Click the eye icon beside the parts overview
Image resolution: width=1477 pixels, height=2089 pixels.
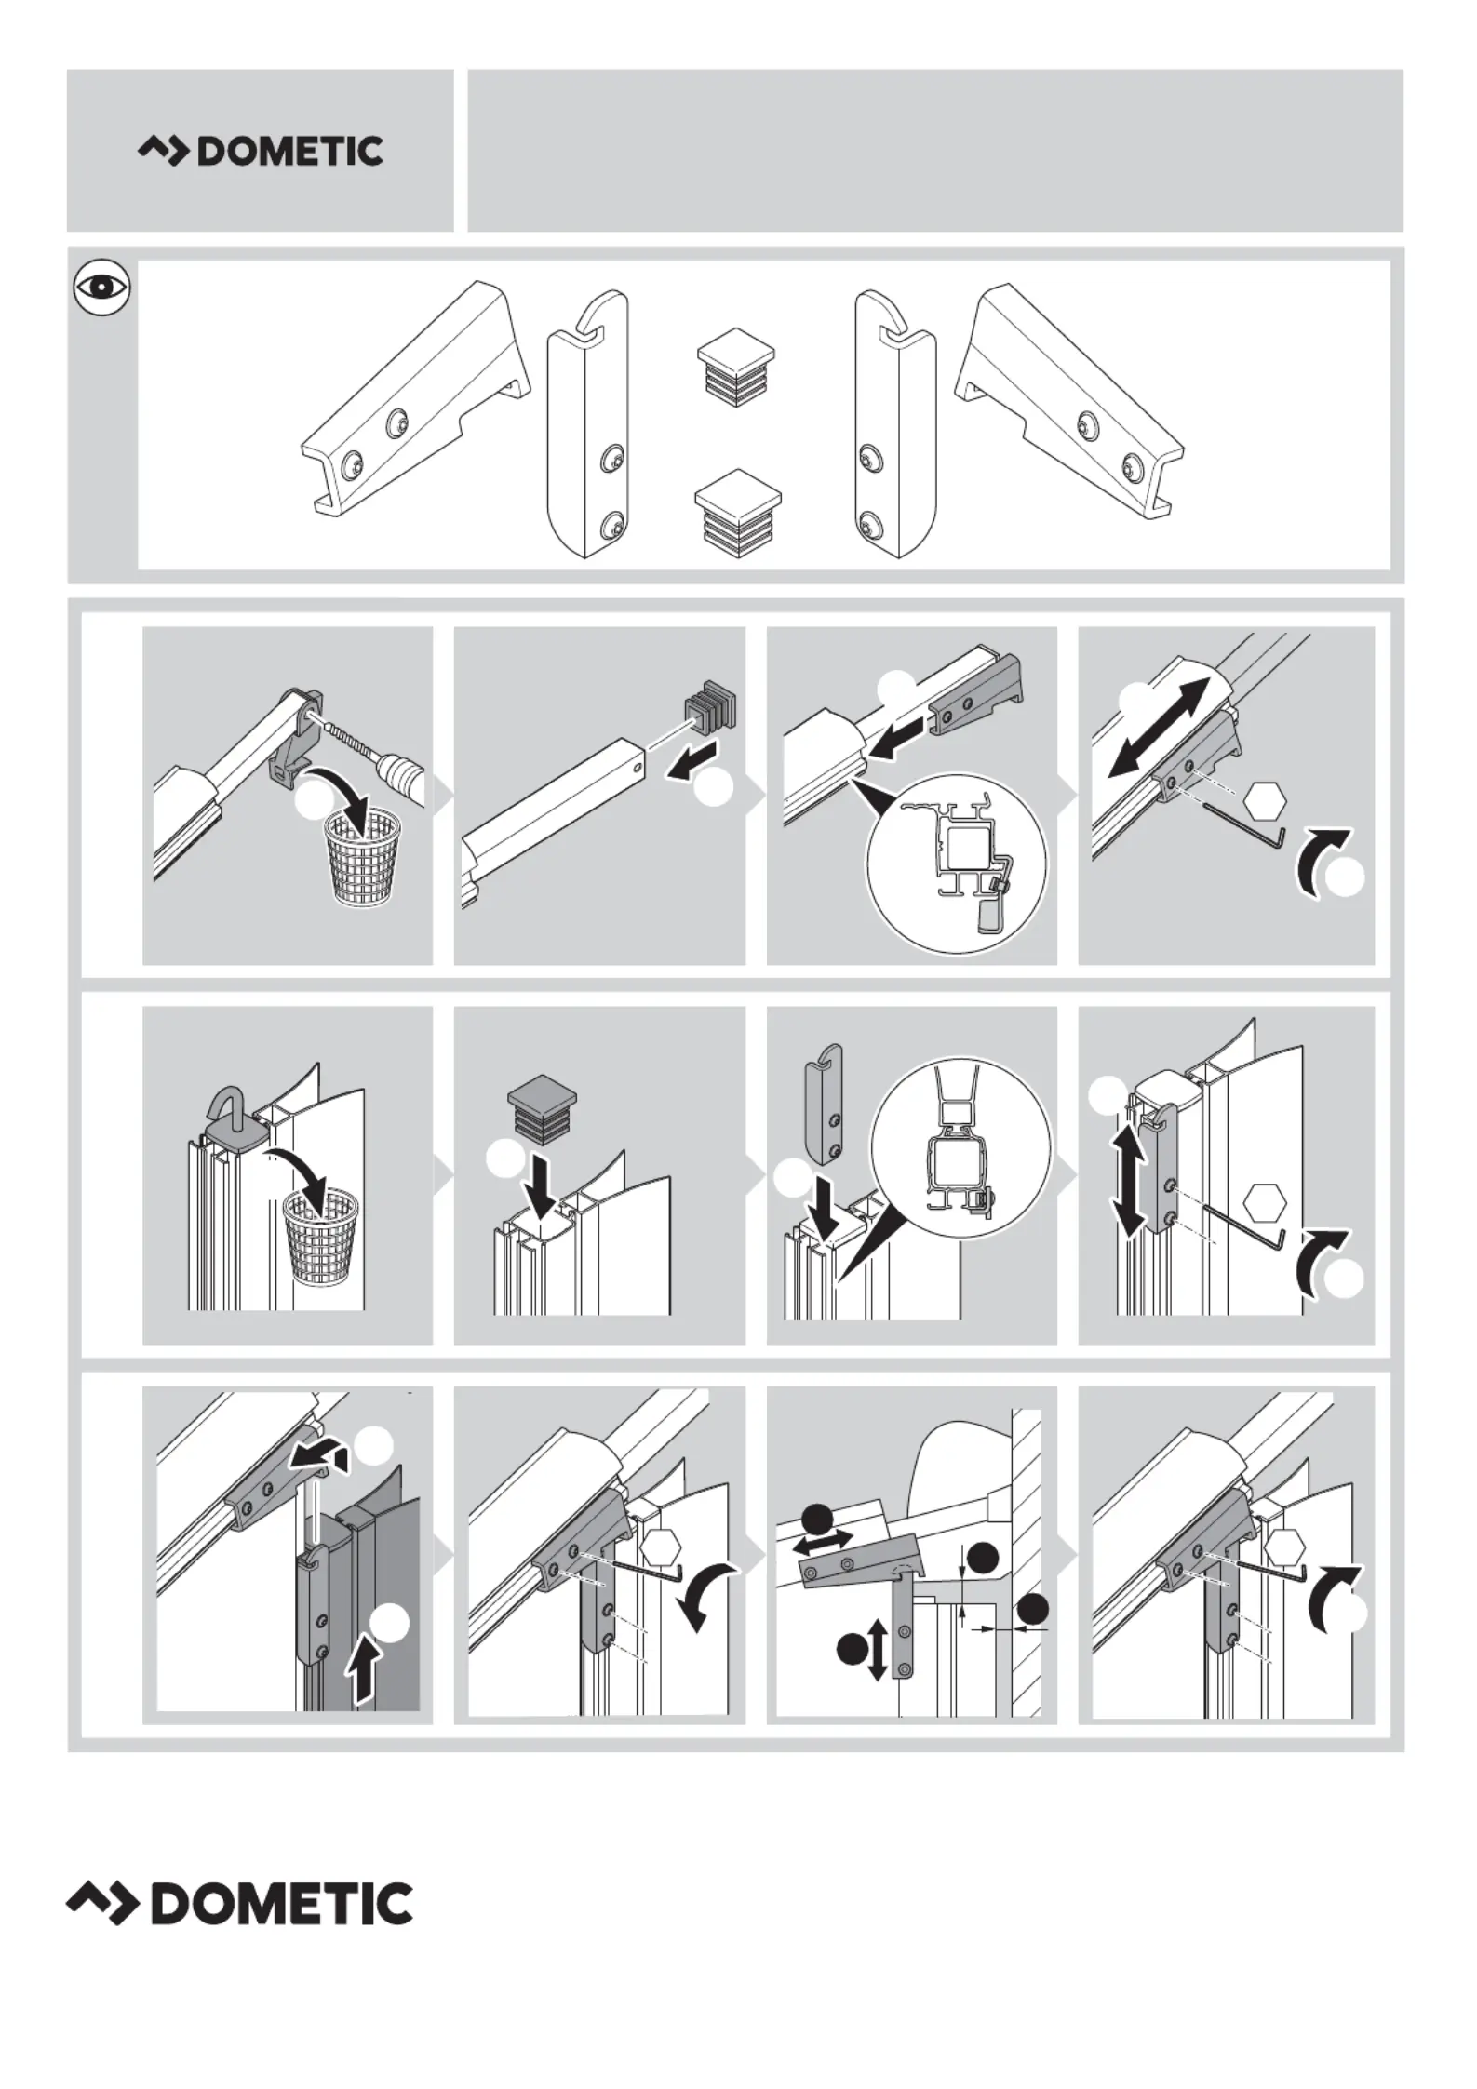[101, 287]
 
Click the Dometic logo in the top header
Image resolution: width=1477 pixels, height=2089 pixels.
[261, 151]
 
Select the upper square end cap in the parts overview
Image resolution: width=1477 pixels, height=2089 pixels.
[736, 368]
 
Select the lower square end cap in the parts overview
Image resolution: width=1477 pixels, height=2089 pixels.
[736, 513]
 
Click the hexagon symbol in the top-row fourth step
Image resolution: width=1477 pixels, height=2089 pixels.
[1265, 798]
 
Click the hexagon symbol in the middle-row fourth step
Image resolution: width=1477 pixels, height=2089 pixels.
[1265, 1203]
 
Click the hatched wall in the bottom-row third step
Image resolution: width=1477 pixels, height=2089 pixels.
[1027, 1562]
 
